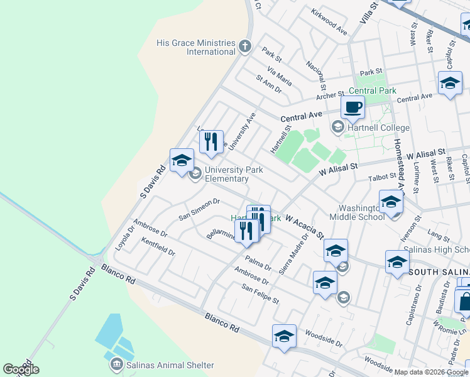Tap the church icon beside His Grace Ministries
(246, 46)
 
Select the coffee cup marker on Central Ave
(352, 107)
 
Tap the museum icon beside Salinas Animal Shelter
(116, 364)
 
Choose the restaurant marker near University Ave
(212, 141)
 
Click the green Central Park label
(373, 90)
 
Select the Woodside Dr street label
(323, 334)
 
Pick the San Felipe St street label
(260, 293)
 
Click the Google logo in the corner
(21, 369)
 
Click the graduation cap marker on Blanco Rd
(283, 336)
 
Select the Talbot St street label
(382, 178)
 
